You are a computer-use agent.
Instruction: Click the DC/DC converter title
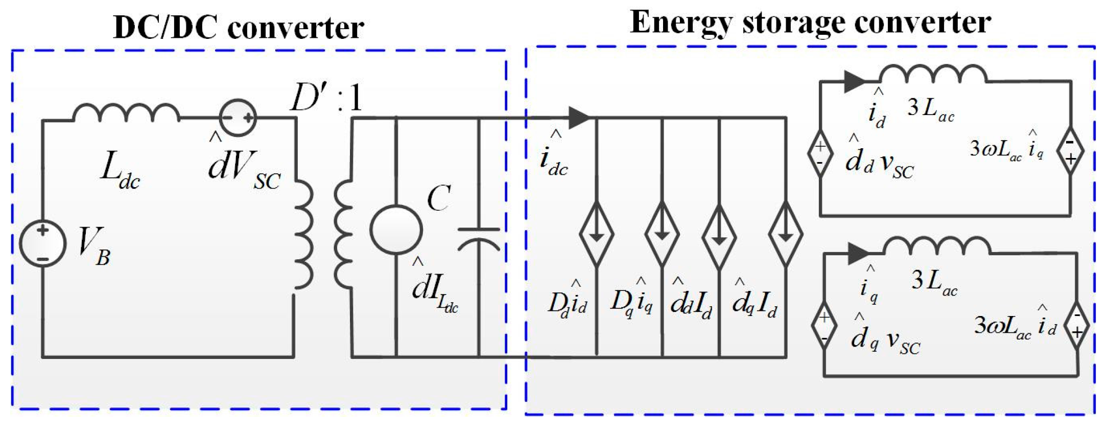(239, 27)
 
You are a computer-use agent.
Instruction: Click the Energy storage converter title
(810, 22)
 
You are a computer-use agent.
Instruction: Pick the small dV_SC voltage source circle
(238, 118)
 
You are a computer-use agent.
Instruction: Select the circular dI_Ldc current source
(396, 230)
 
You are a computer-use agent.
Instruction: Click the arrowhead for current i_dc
(579, 118)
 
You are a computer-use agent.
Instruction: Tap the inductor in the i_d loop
(933, 75)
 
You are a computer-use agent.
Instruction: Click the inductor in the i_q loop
(937, 246)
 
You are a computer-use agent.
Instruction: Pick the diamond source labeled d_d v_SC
(820, 152)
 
